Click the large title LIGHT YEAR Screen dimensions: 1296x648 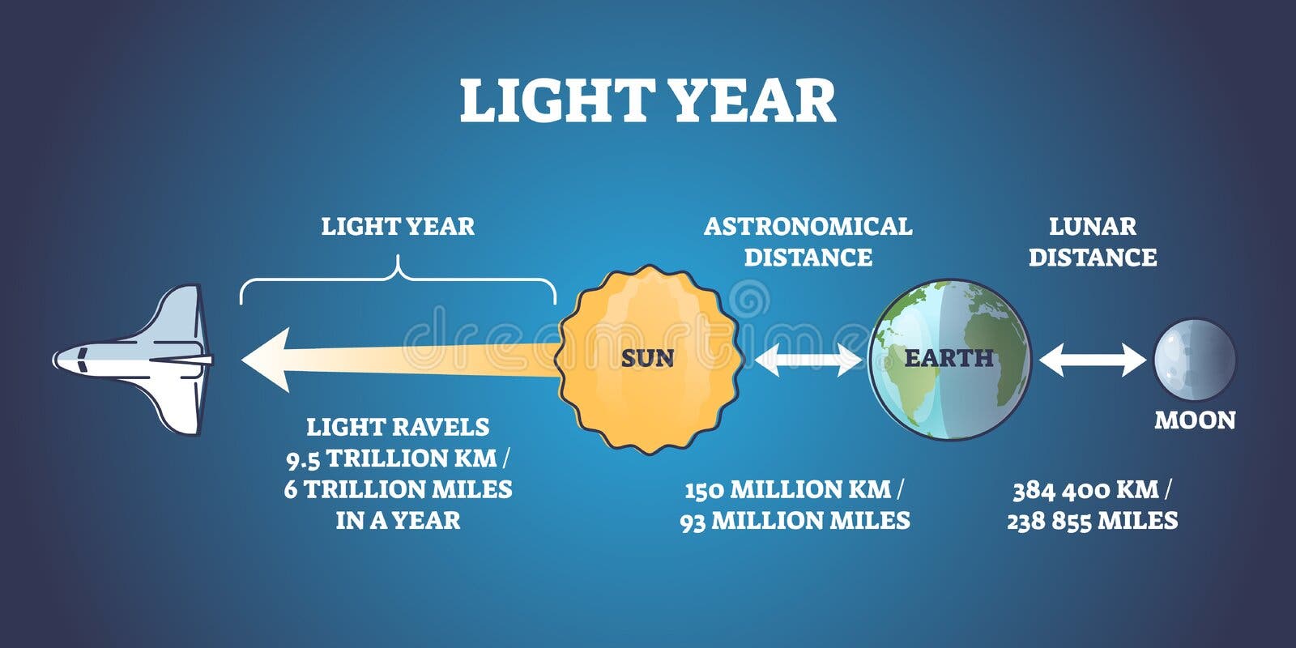(x=648, y=100)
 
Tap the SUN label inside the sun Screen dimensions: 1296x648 (x=647, y=359)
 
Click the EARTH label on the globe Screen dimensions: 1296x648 (x=949, y=358)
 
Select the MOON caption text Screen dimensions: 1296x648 (x=1195, y=420)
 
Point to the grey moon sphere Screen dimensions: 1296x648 (x=1195, y=360)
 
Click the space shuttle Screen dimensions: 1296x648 (x=133, y=360)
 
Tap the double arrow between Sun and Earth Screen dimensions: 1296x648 (x=808, y=360)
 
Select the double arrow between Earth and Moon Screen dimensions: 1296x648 (x=1093, y=360)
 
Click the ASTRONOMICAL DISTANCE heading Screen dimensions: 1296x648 (x=808, y=242)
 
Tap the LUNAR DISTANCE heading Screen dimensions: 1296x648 (x=1093, y=242)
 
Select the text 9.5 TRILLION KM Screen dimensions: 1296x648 (x=392, y=458)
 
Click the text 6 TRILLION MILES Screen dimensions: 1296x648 (x=398, y=489)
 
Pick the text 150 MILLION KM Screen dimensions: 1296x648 (x=787, y=490)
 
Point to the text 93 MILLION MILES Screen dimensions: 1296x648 (x=795, y=521)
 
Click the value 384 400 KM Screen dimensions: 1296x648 (x=1086, y=490)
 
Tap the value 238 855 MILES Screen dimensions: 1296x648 (x=1093, y=521)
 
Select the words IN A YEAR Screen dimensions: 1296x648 (x=398, y=521)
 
